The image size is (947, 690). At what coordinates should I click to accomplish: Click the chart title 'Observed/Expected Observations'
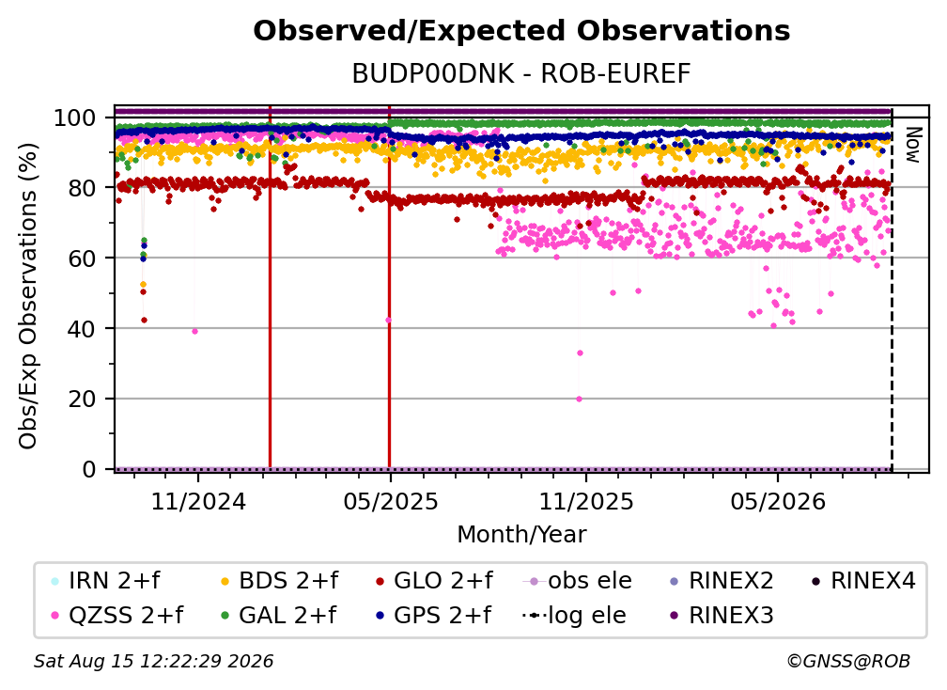(x=521, y=30)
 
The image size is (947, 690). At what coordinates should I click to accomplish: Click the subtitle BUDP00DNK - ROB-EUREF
(x=521, y=73)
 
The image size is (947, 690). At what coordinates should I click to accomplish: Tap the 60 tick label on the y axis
(x=82, y=258)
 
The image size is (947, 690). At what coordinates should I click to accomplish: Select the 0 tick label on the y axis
(x=89, y=469)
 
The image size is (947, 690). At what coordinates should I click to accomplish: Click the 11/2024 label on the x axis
(x=198, y=501)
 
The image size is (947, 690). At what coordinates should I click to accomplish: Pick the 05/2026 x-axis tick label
(x=778, y=501)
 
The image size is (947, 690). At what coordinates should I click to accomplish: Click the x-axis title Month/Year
(x=521, y=534)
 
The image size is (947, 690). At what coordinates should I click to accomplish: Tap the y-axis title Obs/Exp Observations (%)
(x=28, y=296)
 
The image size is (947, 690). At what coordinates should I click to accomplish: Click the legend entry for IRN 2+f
(x=106, y=581)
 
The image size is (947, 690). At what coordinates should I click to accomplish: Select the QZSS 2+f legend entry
(x=117, y=615)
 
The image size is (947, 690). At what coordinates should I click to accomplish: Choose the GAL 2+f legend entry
(x=278, y=615)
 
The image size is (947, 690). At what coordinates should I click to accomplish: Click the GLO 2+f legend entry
(x=434, y=581)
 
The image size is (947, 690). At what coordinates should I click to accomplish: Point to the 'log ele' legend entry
(x=574, y=615)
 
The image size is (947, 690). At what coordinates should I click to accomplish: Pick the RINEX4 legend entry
(x=863, y=581)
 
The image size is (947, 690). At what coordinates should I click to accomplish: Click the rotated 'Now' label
(x=912, y=145)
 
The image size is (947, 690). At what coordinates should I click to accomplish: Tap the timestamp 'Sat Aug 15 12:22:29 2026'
(x=153, y=661)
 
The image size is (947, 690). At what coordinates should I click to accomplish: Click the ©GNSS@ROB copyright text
(x=848, y=661)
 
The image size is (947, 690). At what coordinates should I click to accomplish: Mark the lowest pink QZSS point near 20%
(x=579, y=399)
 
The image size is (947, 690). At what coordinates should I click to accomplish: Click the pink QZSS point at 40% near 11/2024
(x=194, y=331)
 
